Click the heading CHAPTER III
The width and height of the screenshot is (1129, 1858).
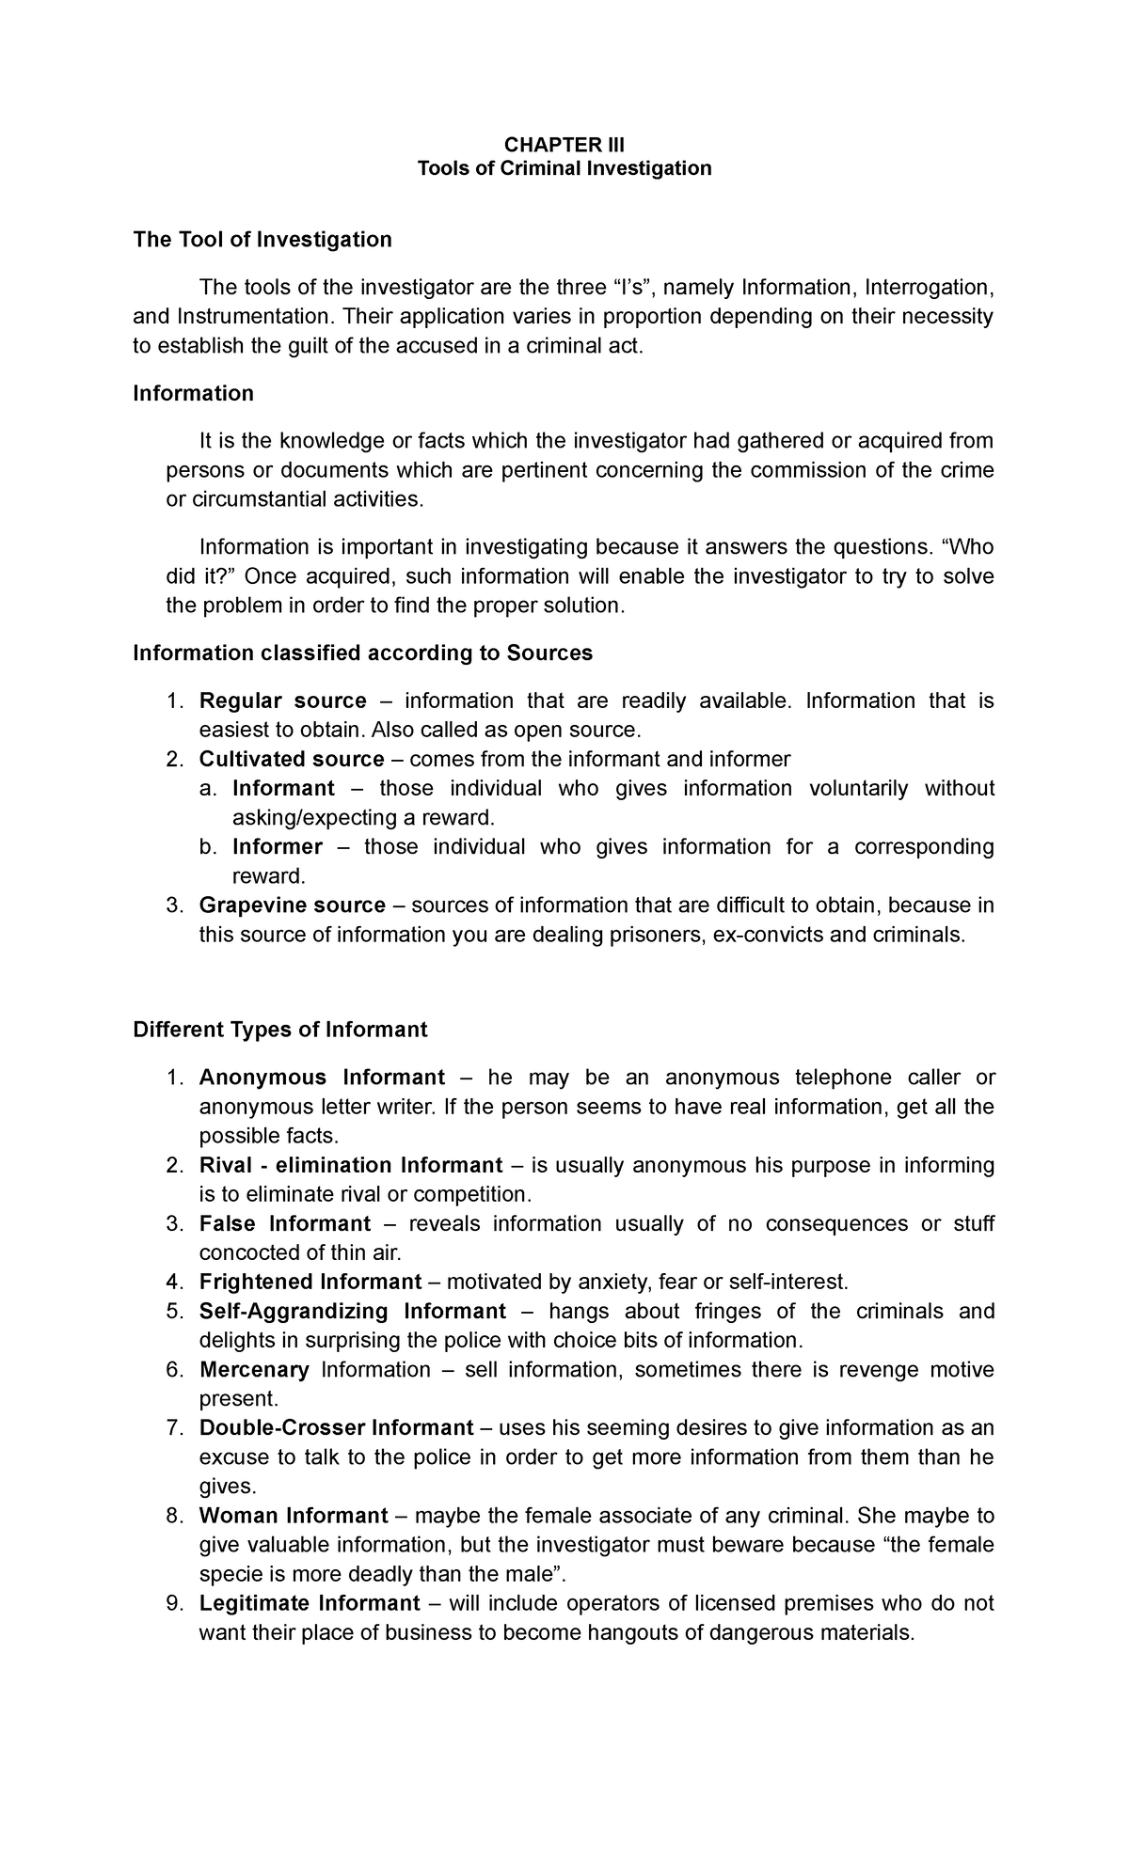(x=564, y=144)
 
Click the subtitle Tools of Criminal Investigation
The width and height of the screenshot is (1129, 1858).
(x=564, y=168)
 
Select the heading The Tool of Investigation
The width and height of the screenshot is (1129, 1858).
(x=262, y=240)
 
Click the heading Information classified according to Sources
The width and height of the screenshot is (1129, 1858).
(x=362, y=653)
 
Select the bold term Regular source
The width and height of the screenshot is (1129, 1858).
(x=282, y=701)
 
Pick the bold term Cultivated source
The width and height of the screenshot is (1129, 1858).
(x=291, y=759)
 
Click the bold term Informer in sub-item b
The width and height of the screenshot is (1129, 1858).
(x=277, y=846)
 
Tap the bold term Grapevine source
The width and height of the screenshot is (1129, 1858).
(x=292, y=905)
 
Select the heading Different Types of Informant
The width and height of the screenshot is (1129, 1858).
(x=280, y=1030)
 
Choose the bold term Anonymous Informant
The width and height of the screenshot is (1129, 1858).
(x=322, y=1077)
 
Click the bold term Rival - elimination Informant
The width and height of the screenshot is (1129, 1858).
(x=350, y=1165)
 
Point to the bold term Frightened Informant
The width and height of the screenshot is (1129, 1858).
(x=310, y=1282)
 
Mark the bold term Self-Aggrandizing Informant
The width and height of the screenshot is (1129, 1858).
(x=352, y=1311)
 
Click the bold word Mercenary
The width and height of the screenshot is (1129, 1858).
(x=254, y=1369)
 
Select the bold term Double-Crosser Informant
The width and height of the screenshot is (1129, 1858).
(x=336, y=1427)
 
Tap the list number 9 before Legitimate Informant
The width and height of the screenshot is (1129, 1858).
(x=172, y=1602)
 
